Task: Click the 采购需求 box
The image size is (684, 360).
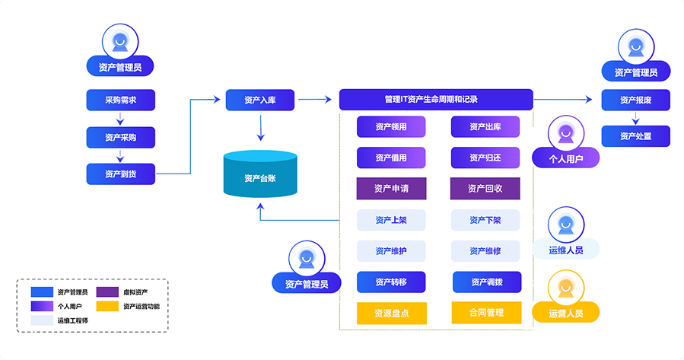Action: (120, 100)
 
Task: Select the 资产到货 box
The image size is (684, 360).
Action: (120, 174)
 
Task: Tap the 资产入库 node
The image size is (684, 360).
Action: (259, 100)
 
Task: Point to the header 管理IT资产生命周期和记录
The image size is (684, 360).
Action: (436, 100)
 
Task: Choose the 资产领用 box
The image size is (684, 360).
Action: (391, 126)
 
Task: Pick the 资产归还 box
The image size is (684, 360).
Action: (485, 158)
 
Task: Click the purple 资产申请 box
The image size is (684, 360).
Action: (391, 189)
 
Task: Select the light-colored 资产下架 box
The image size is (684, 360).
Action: (485, 220)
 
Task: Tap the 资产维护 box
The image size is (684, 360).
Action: (391, 251)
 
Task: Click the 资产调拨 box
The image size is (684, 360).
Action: (486, 282)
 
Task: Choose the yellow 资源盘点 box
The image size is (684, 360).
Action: (391, 314)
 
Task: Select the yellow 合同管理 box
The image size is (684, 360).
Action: (486, 312)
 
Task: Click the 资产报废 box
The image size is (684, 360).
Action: (635, 100)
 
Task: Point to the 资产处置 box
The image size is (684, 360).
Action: (635, 136)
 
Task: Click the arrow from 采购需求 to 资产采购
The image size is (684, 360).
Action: (120, 118)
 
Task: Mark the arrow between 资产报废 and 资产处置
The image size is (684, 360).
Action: (635, 118)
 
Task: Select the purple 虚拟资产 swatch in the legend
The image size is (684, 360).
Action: (108, 292)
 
